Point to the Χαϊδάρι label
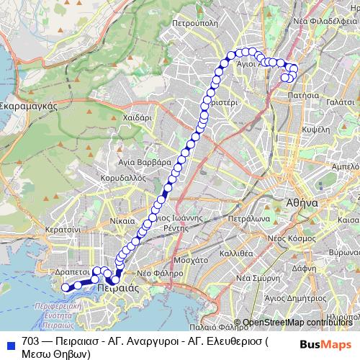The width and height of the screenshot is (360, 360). pos(136,116)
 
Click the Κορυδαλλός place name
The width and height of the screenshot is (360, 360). pos(124,176)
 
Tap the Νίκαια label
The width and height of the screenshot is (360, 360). pos(123,220)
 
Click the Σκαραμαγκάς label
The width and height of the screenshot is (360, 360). pos(30,104)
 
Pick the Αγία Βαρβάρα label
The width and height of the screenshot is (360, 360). pos(144,162)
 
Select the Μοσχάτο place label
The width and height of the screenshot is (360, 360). pos(192,257)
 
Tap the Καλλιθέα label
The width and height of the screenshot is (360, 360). pos(236,254)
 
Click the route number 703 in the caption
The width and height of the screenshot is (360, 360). pos(30,341)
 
